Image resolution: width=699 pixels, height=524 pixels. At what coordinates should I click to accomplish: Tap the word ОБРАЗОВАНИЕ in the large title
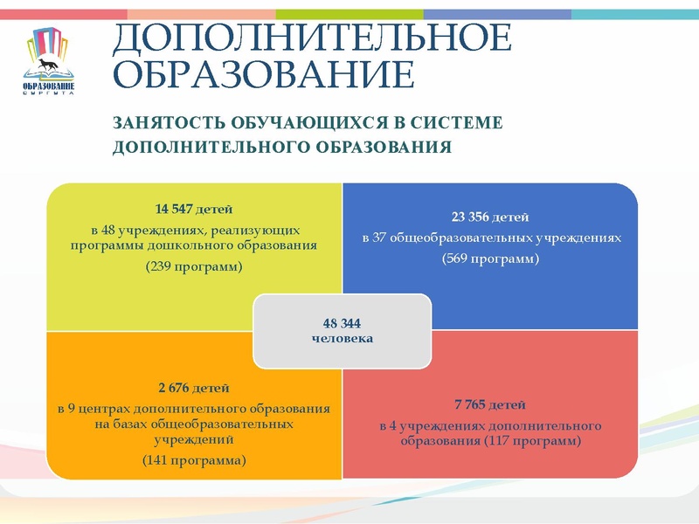tap(264, 76)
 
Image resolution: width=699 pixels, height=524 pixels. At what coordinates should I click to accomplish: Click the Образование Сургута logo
tap(49, 61)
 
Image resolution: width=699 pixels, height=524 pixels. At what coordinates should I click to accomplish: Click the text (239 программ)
tap(193, 266)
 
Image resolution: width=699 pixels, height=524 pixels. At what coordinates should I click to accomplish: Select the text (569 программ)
tap(491, 259)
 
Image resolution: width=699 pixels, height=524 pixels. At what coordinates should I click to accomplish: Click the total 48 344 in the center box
tap(342, 323)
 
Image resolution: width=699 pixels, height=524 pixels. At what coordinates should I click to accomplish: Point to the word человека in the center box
tap(342, 338)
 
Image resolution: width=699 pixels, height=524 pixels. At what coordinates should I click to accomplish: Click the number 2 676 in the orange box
tap(175, 388)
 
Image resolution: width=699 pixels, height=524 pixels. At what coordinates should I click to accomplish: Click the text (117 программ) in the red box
tap(532, 441)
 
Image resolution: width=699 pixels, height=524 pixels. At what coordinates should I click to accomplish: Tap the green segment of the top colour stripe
tap(349, 14)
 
